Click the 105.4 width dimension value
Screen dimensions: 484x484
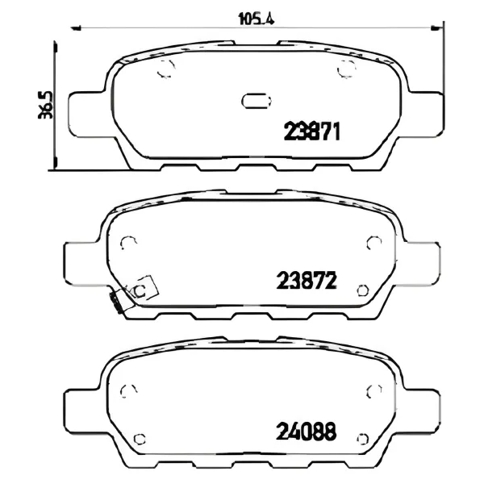257,19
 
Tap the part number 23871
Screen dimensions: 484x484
311,131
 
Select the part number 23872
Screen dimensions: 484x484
306,280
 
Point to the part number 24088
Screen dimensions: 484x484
306,432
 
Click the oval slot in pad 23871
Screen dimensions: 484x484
257,101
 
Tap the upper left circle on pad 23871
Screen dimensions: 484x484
166,69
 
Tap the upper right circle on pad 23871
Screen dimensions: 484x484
347,69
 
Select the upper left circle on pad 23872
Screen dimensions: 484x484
128,244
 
